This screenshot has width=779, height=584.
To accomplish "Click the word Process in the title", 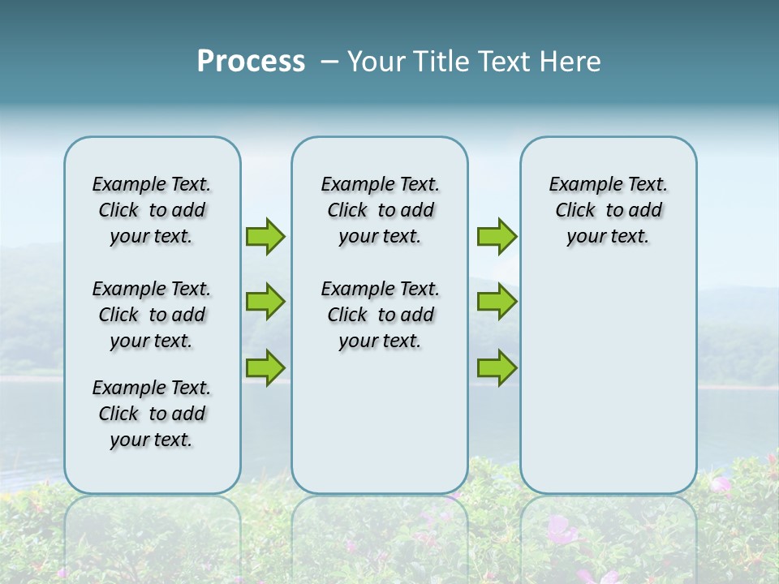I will coord(251,62).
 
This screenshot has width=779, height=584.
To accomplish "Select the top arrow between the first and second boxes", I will coord(265,236).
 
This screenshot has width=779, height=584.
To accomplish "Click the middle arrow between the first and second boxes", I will coord(265,302).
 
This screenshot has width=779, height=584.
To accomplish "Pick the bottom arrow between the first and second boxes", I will coord(265,368).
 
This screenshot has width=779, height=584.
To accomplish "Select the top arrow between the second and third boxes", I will coord(497,236).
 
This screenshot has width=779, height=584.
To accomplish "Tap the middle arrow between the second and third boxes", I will coord(497,302).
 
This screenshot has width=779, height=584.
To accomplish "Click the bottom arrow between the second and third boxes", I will coord(497,368).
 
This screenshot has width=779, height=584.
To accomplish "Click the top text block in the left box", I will coord(152,210).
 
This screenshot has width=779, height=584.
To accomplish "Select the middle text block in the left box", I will coord(152,315).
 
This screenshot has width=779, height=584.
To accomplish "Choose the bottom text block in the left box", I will coord(152,414).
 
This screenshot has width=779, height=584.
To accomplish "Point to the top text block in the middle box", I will coord(380,210).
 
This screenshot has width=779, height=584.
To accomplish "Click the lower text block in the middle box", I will coord(380,315).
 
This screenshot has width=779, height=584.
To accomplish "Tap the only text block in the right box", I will coord(608,210).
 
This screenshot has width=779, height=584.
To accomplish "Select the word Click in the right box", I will coord(575,211).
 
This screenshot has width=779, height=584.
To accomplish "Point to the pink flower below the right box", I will coord(560,530).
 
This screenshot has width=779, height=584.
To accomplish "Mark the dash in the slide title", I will coord(329,62).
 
